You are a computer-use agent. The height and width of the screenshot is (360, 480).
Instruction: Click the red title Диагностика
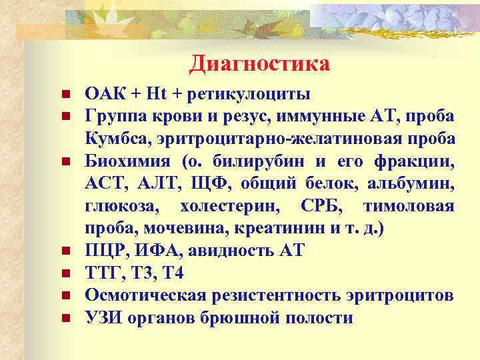[x=259, y=64]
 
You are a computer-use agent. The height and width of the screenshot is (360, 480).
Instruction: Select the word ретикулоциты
[x=245, y=93]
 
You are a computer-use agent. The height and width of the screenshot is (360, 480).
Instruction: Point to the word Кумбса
[x=111, y=139]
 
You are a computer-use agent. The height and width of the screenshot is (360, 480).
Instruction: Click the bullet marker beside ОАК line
[x=64, y=94]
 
